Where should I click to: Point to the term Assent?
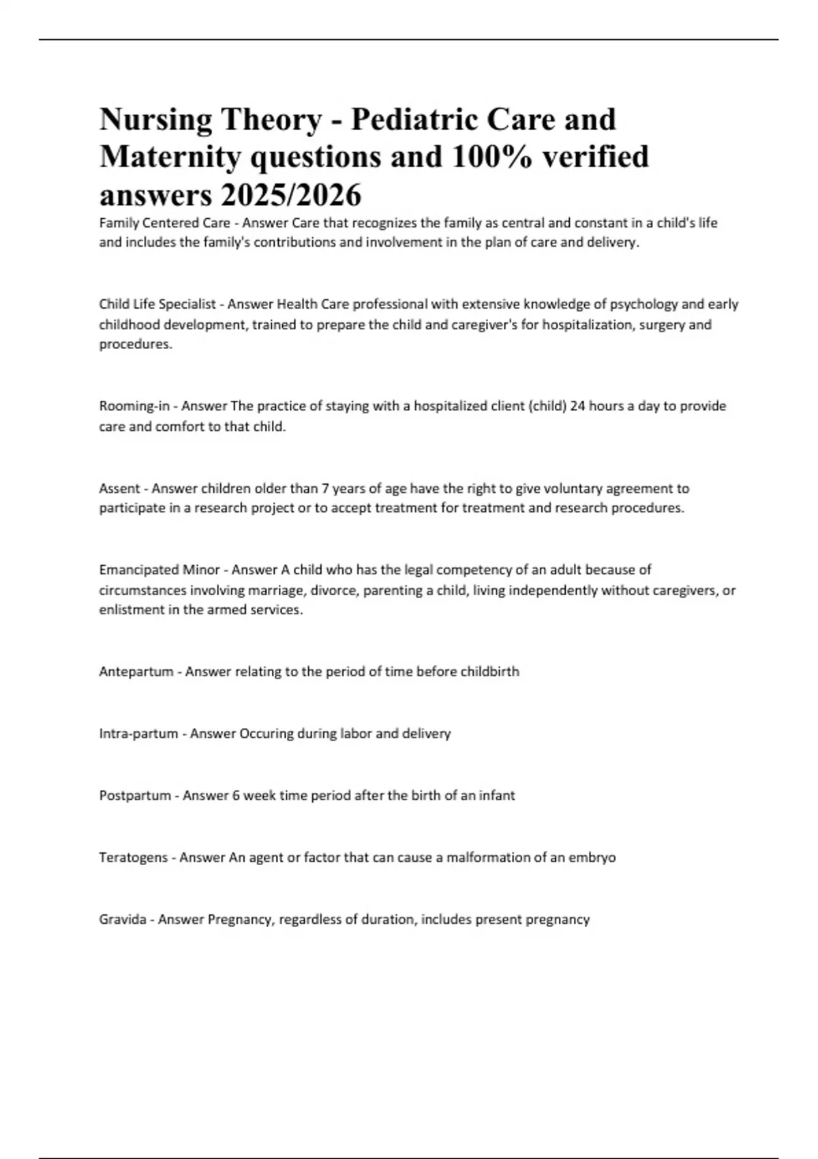119,488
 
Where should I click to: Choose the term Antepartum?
136,672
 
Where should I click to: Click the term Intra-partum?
138,734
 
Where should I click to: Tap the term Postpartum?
135,796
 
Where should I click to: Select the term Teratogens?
134,858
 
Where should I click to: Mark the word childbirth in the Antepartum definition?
489,672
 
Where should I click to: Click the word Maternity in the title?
170,157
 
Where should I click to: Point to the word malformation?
487,858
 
